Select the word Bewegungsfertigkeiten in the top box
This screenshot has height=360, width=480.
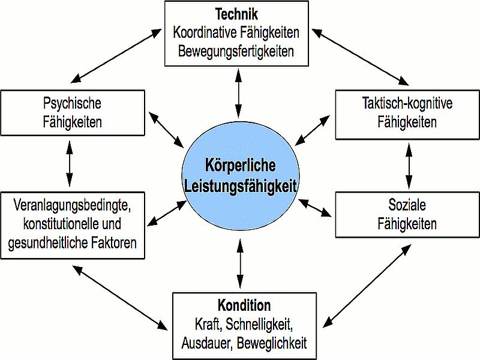(x=236, y=50)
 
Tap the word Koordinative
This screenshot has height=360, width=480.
(x=207, y=32)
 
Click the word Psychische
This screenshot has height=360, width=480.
(x=73, y=103)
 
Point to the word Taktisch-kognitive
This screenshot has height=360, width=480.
(x=407, y=103)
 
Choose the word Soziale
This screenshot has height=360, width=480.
(x=407, y=206)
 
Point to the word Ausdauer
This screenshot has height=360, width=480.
(x=206, y=343)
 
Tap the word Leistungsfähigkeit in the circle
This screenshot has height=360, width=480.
(x=240, y=186)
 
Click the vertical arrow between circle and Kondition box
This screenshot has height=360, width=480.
(x=240, y=263)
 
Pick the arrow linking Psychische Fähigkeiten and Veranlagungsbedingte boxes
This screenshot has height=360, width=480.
(x=70, y=161)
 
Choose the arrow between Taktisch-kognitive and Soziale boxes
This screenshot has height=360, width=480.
(x=409, y=161)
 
